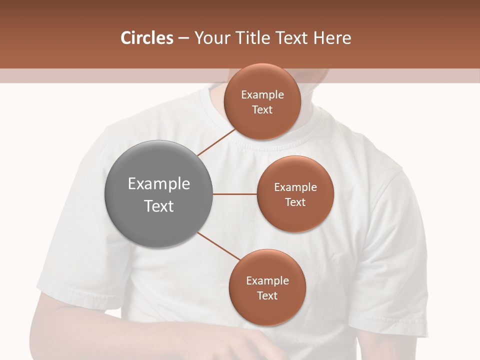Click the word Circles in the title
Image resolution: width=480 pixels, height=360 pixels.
(146, 38)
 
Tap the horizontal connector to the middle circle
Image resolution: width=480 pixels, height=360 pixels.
(235, 194)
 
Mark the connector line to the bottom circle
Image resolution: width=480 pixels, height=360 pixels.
(220, 246)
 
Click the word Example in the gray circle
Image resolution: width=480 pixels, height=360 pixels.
(158, 184)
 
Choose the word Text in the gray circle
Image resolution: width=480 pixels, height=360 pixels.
(158, 206)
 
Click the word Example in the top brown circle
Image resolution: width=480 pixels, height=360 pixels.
(262, 95)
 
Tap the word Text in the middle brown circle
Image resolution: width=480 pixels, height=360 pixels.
(295, 202)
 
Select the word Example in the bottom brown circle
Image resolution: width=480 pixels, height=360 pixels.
(267, 281)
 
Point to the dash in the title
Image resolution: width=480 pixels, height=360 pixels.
(183, 38)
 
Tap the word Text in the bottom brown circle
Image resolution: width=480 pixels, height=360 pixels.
(267, 295)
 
